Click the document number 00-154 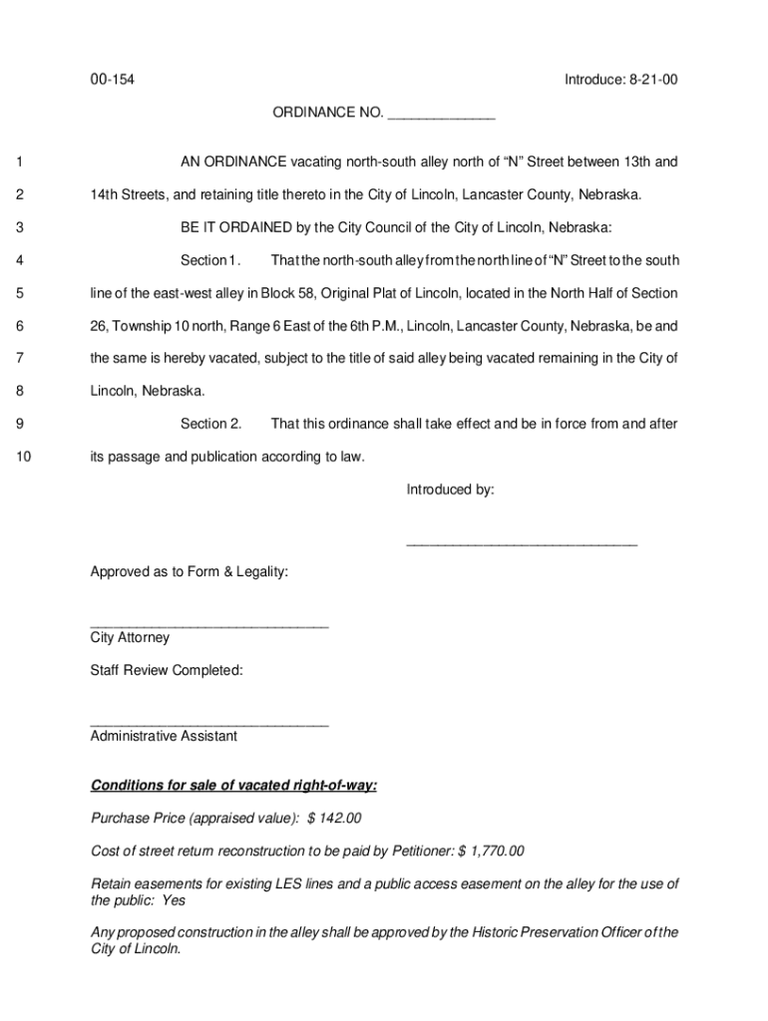(x=112, y=80)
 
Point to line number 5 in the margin (x=20, y=293)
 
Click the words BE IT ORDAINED (x=236, y=227)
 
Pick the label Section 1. (x=210, y=260)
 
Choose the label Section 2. (x=210, y=424)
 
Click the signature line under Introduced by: (x=521, y=544)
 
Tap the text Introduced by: (x=450, y=490)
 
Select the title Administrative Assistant (x=164, y=736)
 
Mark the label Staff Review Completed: (x=167, y=670)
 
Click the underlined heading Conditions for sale (x=233, y=786)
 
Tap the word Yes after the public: (x=173, y=899)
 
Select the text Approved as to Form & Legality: (x=190, y=571)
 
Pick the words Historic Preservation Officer (x=548, y=932)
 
